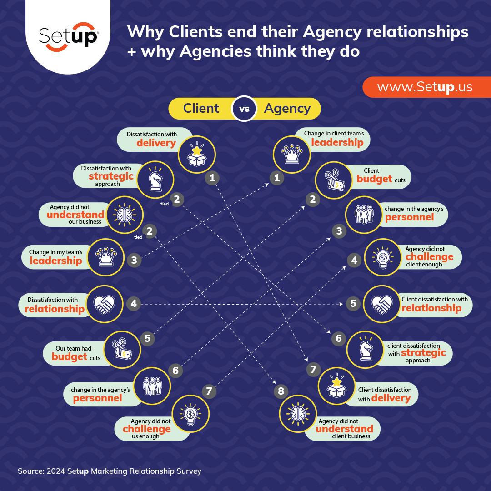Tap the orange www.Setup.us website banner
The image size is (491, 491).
(x=427, y=87)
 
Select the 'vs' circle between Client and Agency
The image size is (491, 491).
(x=244, y=109)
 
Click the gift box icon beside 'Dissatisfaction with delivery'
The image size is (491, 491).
(x=197, y=155)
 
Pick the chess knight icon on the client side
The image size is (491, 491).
(x=155, y=180)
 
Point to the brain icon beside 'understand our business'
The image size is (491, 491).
(x=125, y=215)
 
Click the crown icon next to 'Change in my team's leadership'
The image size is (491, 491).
(x=105, y=257)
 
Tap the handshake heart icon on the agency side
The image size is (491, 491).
(x=382, y=304)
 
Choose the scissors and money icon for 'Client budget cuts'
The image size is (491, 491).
(x=334, y=180)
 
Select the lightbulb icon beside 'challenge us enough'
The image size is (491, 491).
(x=190, y=414)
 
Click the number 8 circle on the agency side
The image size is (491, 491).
(x=281, y=391)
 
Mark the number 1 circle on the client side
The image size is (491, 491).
(x=212, y=178)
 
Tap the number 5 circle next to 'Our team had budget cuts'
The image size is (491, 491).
(x=147, y=339)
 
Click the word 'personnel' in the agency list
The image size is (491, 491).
(x=409, y=217)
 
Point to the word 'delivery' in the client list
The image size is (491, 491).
(x=156, y=143)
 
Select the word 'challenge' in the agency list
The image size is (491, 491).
(x=429, y=256)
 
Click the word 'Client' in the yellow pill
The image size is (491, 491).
(x=201, y=108)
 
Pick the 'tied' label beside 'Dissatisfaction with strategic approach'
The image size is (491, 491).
(x=165, y=204)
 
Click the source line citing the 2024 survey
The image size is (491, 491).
(x=109, y=471)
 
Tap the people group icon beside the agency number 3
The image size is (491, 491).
(x=364, y=215)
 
